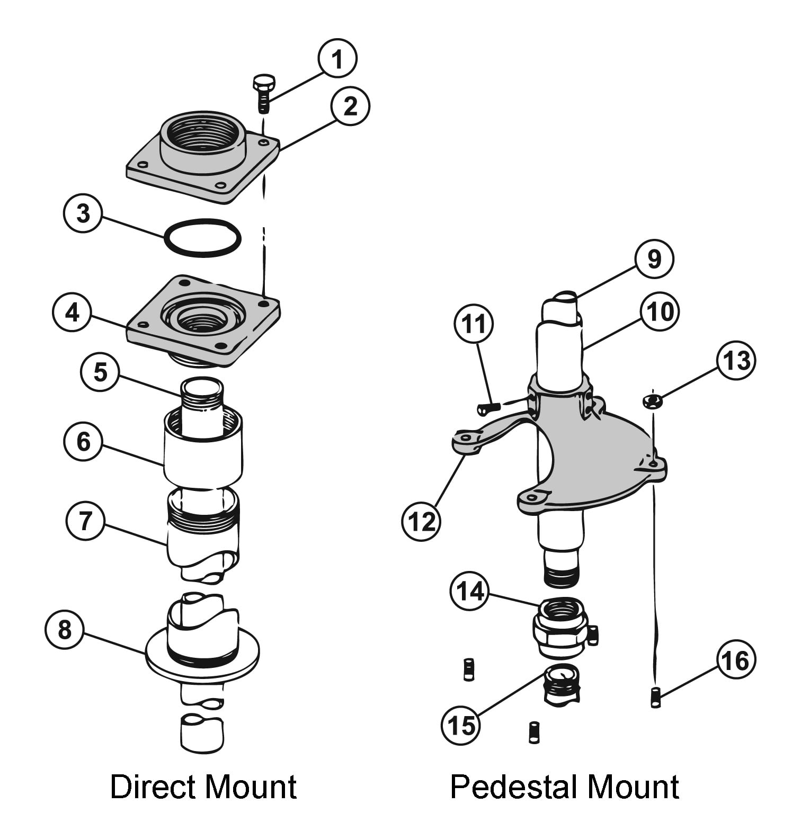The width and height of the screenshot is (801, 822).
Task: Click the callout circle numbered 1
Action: [x=337, y=58]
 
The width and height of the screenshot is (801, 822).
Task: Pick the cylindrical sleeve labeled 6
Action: [x=203, y=455]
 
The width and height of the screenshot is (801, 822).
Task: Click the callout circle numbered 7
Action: [x=85, y=520]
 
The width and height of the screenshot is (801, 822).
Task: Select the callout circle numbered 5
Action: [x=100, y=372]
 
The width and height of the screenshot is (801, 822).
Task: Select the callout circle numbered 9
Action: [x=654, y=259]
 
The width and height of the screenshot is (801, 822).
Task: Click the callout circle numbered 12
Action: [x=421, y=522]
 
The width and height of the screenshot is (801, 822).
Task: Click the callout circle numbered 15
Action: [x=461, y=725]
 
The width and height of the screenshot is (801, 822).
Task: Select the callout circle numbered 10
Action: [x=660, y=311]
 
